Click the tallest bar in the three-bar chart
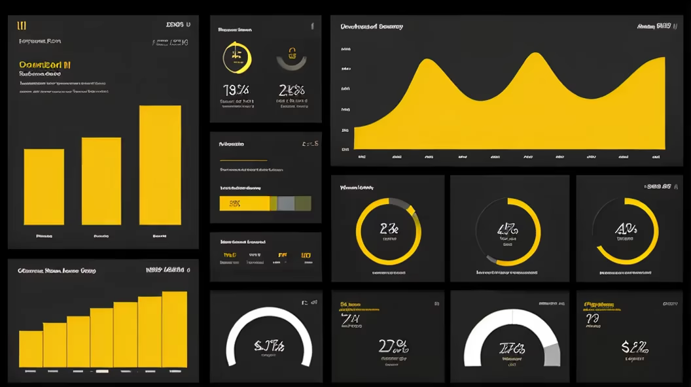(160, 165)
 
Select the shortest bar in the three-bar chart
(44, 187)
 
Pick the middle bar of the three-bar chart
(101, 181)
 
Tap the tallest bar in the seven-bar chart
(174, 329)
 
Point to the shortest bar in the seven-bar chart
(31, 349)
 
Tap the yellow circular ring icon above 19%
(237, 58)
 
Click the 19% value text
(236, 90)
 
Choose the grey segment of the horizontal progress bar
(285, 203)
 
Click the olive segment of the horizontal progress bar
(302, 203)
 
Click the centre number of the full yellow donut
(389, 229)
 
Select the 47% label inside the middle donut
(507, 229)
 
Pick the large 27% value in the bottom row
(393, 345)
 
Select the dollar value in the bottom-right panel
(634, 346)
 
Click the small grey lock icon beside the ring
(292, 59)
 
